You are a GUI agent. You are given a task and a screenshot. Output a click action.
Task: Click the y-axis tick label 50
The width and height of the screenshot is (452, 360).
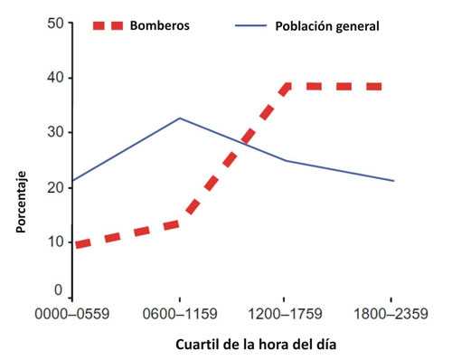pos(55,24)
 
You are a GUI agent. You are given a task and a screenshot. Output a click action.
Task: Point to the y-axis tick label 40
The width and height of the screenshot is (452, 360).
pos(55,79)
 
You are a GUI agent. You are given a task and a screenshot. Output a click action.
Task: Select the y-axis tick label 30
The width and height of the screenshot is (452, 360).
pos(55,133)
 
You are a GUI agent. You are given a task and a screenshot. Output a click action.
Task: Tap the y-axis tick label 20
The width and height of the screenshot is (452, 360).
pos(55,187)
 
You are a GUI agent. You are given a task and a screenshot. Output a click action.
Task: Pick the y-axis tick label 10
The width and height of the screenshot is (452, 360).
pos(55,242)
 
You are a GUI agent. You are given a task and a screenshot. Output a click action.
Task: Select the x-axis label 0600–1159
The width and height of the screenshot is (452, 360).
pos(179,316)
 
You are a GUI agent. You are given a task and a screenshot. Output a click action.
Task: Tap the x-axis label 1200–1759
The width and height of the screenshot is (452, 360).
pos(285,316)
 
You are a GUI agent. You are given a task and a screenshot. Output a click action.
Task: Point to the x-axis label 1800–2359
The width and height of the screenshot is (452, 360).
pos(390,316)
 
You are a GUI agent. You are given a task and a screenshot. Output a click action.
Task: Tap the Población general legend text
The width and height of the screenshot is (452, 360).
pos(326,25)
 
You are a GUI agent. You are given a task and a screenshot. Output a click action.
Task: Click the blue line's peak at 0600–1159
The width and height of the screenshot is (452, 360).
pos(179,118)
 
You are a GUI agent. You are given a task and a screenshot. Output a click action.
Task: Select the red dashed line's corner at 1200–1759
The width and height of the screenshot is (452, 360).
pos(287,87)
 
